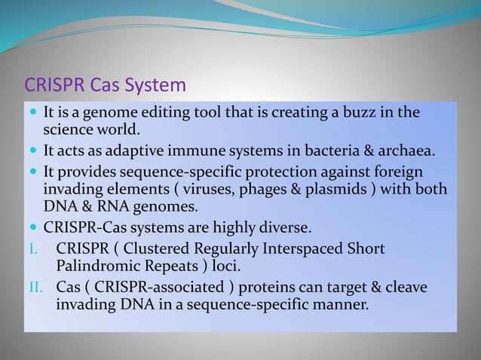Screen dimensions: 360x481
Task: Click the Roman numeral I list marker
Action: pyautogui.click(x=30, y=249)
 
